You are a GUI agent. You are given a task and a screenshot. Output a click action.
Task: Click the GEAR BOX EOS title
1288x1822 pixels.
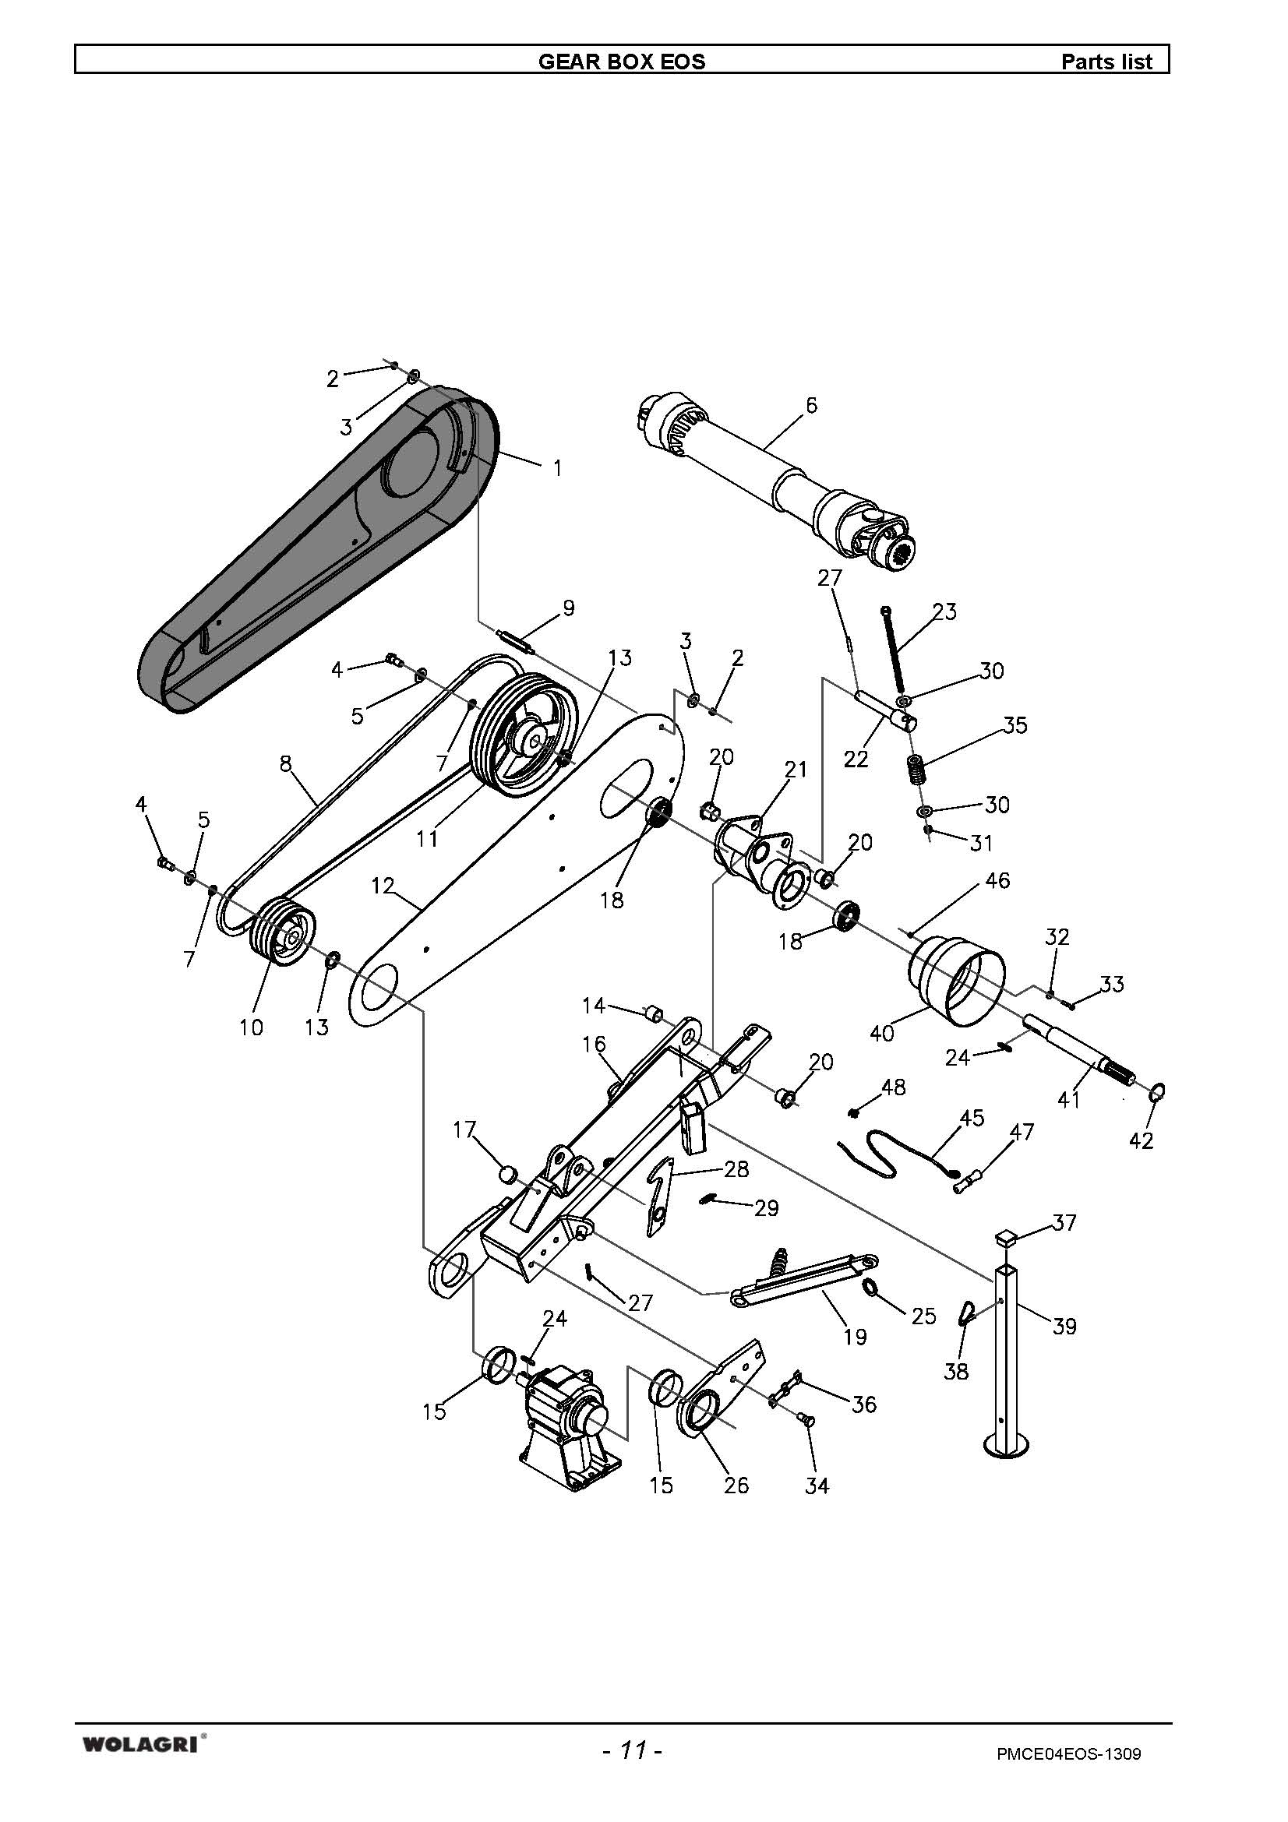(621, 61)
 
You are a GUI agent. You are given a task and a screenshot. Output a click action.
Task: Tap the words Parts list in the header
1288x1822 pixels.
(1106, 61)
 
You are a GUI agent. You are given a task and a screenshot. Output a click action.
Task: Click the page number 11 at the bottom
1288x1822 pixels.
(632, 1744)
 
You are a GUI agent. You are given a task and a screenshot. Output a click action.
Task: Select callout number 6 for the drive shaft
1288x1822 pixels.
(810, 406)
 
